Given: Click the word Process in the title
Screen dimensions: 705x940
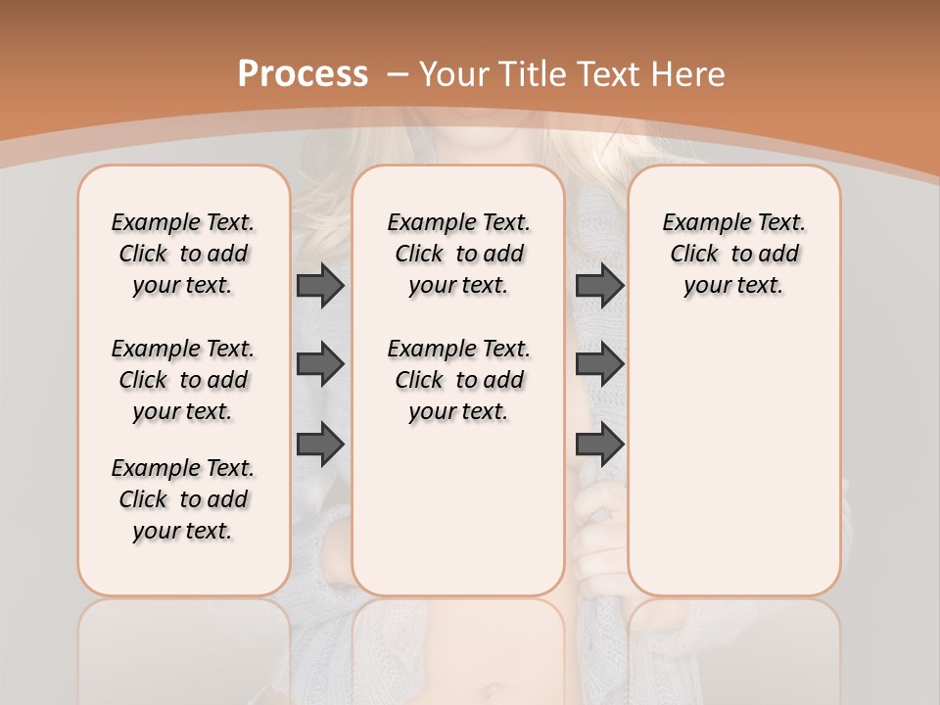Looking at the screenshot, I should click(303, 74).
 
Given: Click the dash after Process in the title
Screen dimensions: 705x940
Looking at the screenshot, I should click(398, 75).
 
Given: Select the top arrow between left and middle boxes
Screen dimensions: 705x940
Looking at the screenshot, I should click(320, 285).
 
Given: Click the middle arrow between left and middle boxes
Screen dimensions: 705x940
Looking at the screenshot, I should click(320, 364).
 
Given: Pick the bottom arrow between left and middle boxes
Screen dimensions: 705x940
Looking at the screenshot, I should click(320, 444).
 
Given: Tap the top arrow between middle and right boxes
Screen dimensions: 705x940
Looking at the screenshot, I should click(599, 285).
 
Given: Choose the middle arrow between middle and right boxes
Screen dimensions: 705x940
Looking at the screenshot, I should click(599, 364).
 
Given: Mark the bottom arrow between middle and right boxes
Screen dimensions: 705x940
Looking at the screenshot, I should click(599, 444).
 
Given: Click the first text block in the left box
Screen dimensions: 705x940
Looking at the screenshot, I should click(183, 254).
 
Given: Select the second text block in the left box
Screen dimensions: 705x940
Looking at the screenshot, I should click(183, 380).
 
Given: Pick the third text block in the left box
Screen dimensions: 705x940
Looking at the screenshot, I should click(183, 499).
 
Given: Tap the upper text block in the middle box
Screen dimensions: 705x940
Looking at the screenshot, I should click(458, 254).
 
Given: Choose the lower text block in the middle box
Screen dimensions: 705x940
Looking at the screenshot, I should click(458, 380).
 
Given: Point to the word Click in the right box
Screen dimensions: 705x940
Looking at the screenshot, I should click(694, 255).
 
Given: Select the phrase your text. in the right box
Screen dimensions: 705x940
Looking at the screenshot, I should click(733, 286).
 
